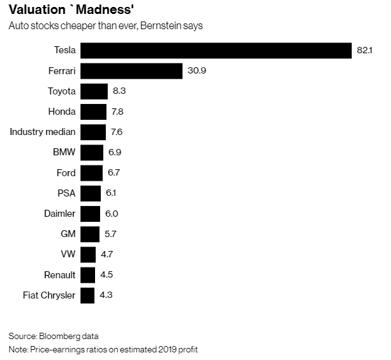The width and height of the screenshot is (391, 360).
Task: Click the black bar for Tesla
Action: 215,51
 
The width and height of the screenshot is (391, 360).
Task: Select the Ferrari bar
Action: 131,71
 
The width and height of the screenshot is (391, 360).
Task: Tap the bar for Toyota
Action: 94,91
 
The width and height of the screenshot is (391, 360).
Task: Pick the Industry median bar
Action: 93,132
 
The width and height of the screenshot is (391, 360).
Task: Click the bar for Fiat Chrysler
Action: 87,295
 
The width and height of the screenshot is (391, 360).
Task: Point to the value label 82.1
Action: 364,51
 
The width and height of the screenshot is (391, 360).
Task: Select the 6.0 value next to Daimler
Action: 112,214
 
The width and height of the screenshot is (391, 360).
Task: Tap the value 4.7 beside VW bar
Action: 108,254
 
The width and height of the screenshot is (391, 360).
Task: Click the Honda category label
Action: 61,112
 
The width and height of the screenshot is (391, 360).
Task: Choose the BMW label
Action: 65,152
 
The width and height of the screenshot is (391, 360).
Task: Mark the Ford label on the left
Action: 66,172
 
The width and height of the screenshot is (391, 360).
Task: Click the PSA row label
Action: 66,193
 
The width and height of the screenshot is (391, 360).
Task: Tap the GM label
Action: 68,234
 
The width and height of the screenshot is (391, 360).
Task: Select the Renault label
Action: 60,274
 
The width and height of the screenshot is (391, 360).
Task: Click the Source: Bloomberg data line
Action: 54,335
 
